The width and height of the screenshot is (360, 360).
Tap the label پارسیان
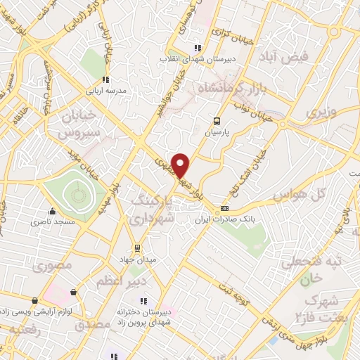pos(217,131)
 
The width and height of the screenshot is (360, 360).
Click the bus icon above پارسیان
pos(217,120)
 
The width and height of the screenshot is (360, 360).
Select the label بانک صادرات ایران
pos(226,220)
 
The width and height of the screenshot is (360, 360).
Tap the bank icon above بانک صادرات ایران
pos(225,209)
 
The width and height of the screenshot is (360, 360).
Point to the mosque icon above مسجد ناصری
pos(51,211)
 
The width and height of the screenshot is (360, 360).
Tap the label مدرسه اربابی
pos(105,91)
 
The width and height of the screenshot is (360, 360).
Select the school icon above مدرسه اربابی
pos(105,79)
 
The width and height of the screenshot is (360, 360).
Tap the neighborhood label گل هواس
pos(308,193)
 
